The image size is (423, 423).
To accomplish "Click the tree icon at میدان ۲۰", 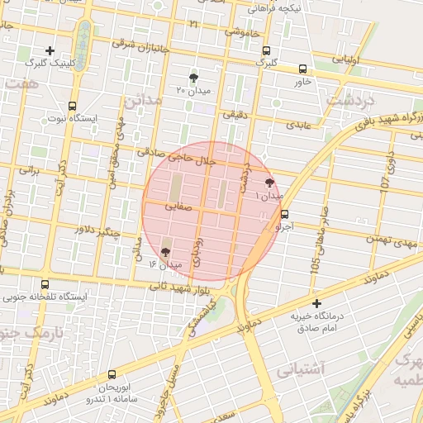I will point(193,77).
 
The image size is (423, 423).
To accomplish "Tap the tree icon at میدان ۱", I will point(270,183).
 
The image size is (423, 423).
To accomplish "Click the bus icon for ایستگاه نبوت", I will point(73,106).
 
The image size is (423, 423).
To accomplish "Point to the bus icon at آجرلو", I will point(285,213).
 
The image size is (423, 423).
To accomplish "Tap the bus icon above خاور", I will point(302,69).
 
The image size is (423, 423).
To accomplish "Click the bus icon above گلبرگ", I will point(264,50).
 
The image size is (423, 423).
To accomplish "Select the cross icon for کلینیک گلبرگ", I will point(50,50).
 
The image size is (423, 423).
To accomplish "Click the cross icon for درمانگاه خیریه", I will point(316,303).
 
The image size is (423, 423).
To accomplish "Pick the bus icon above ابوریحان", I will point(112,374).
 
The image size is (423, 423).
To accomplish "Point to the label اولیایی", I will point(345,60).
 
